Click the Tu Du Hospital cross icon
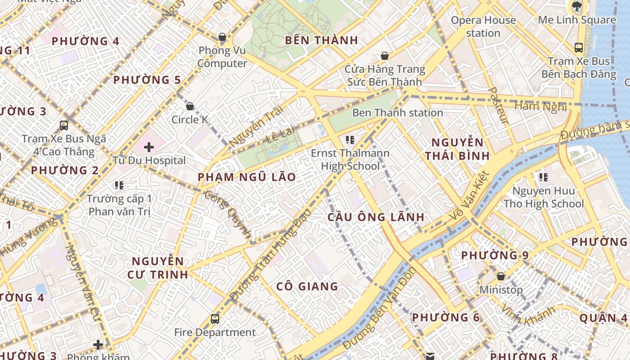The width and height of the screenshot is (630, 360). [x=149, y=147]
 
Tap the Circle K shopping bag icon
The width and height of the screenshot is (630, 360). [x=190, y=107]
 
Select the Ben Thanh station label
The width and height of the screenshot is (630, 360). [x=397, y=112]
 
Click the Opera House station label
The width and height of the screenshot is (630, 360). [x=483, y=27]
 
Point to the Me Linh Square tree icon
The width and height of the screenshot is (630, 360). [x=576, y=6]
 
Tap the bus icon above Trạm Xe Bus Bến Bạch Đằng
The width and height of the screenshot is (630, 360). [x=579, y=47]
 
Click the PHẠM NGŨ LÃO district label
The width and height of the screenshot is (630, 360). [x=247, y=177]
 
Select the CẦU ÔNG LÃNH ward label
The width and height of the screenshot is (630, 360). [x=376, y=217]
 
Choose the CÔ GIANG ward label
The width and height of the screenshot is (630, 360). [x=307, y=286]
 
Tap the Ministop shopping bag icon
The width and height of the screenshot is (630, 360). [x=500, y=276]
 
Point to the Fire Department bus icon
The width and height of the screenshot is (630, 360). [x=215, y=319]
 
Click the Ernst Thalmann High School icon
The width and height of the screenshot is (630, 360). [x=350, y=140]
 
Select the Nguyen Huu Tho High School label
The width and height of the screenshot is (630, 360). [x=544, y=197]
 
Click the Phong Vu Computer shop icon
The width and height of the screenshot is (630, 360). [x=222, y=37]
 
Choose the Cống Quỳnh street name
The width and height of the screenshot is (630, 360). [x=227, y=214]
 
